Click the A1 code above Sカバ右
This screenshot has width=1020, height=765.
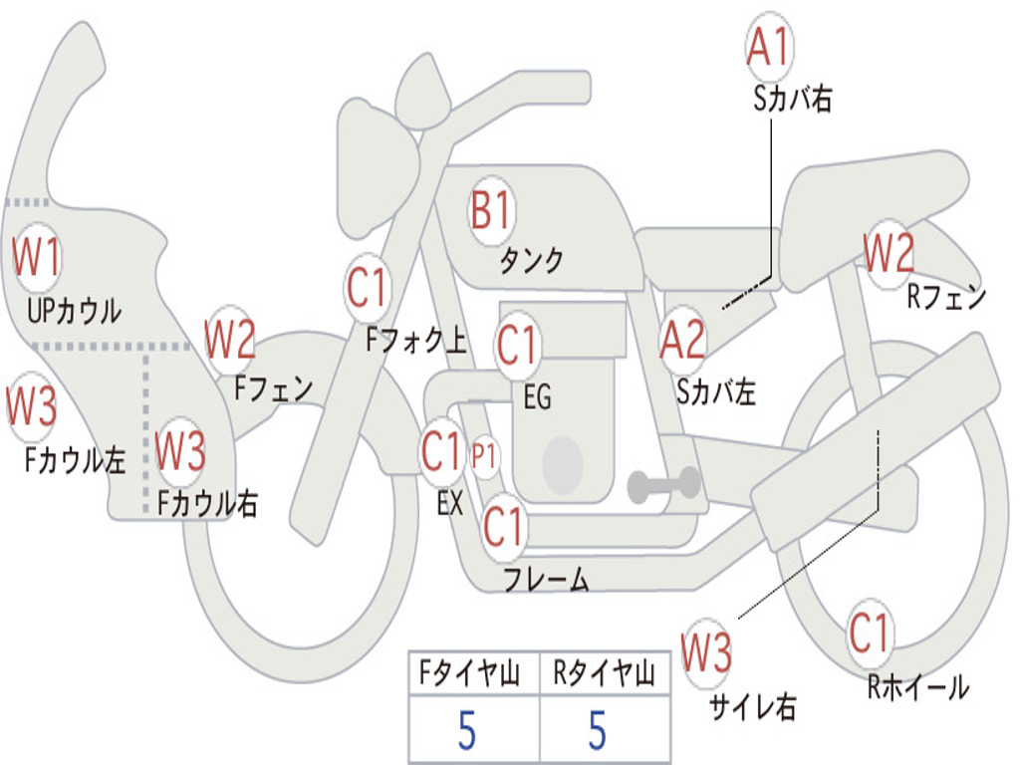[x=768, y=47]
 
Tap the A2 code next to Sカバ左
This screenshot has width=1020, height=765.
[x=682, y=340]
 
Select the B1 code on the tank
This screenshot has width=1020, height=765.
[x=491, y=211]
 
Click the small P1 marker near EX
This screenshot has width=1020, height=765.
[x=484, y=457]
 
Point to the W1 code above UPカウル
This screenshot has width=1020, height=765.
[x=36, y=258]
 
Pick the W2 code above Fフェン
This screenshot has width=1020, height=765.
[x=230, y=340]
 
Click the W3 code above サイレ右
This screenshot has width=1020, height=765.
[x=706, y=653]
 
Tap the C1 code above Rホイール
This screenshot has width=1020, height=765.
[x=870, y=632]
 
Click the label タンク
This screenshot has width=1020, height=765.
[x=532, y=261]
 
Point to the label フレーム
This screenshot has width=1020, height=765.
[x=546, y=580]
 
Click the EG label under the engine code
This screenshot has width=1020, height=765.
[x=537, y=397]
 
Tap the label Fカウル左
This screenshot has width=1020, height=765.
[x=76, y=460]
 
